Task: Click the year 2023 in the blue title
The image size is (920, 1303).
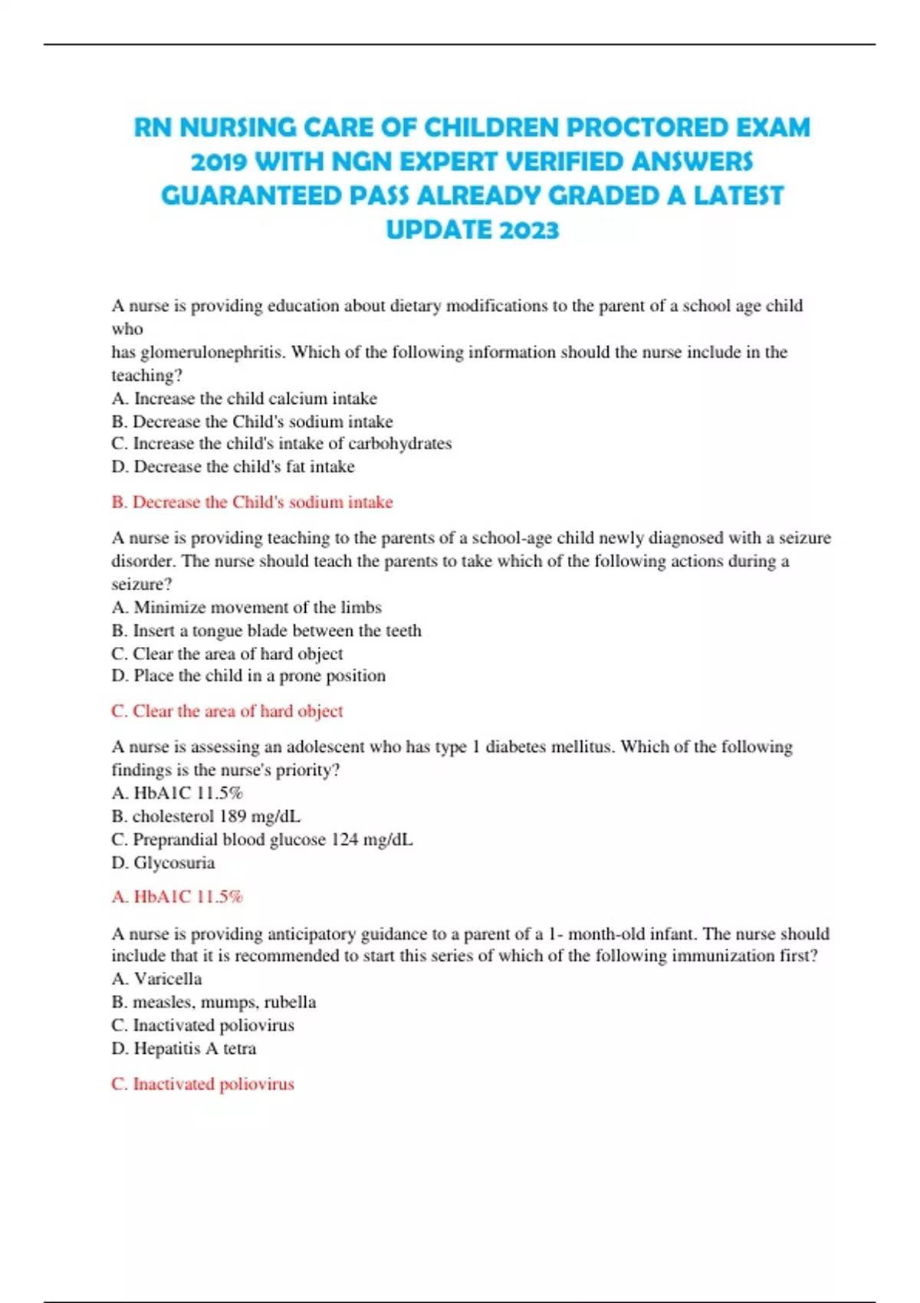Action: (528, 230)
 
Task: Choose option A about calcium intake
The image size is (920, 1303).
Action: (245, 399)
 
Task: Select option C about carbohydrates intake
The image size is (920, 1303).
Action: (281, 444)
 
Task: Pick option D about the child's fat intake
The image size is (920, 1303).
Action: (233, 467)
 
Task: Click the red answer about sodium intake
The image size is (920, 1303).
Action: (252, 502)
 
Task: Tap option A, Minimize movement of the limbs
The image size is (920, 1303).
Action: (247, 608)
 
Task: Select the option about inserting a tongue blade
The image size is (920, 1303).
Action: (267, 631)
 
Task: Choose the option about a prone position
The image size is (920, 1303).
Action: (248, 676)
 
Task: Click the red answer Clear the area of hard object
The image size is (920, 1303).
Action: (227, 711)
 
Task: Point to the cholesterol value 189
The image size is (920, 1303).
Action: (233, 816)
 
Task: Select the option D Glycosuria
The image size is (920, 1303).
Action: (163, 863)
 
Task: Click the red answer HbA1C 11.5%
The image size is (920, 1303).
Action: (177, 897)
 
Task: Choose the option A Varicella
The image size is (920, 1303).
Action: (157, 979)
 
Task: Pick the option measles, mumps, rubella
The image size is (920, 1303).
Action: (214, 1002)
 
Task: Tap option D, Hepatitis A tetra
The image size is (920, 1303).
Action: (184, 1049)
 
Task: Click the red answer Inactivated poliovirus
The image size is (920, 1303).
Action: (203, 1084)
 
